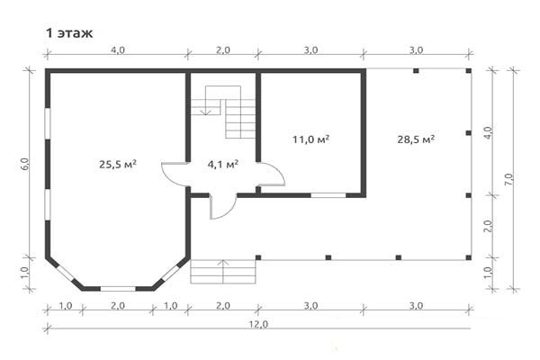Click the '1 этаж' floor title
pos(69,33)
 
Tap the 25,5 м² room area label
pos(118,164)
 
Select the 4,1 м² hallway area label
pos(223,164)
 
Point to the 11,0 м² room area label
pos(311,139)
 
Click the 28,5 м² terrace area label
pos(416,139)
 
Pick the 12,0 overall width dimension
pos(258,324)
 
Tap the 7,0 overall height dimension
pos(509,179)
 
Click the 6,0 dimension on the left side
pos(25,164)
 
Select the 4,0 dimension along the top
pos(118,50)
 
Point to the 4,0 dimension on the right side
pos(489,132)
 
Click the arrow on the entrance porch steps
pos(223,272)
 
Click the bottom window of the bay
pos(118,289)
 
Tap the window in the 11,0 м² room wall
pos(328,195)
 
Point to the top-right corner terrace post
pos(468,71)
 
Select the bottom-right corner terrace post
pos(468,257)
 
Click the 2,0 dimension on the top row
pos(223,50)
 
